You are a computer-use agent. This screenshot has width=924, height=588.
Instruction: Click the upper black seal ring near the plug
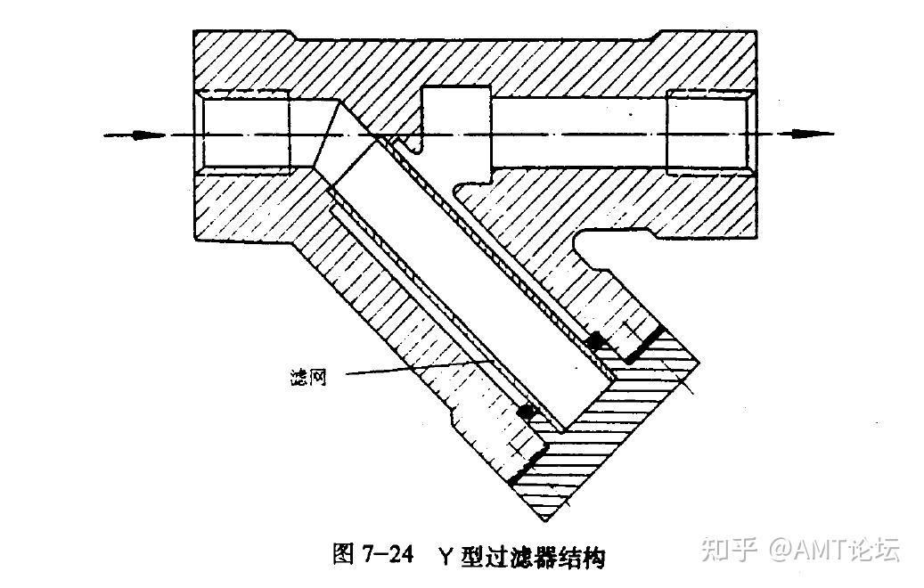pyautogui.click(x=594, y=340)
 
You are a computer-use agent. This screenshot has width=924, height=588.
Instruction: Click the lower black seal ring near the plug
pyautogui.click(x=527, y=412)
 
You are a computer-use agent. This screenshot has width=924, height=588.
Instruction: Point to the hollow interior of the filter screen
pyautogui.click(x=472, y=276)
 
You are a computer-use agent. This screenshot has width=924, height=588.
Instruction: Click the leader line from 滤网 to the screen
pyautogui.click(x=410, y=368)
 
